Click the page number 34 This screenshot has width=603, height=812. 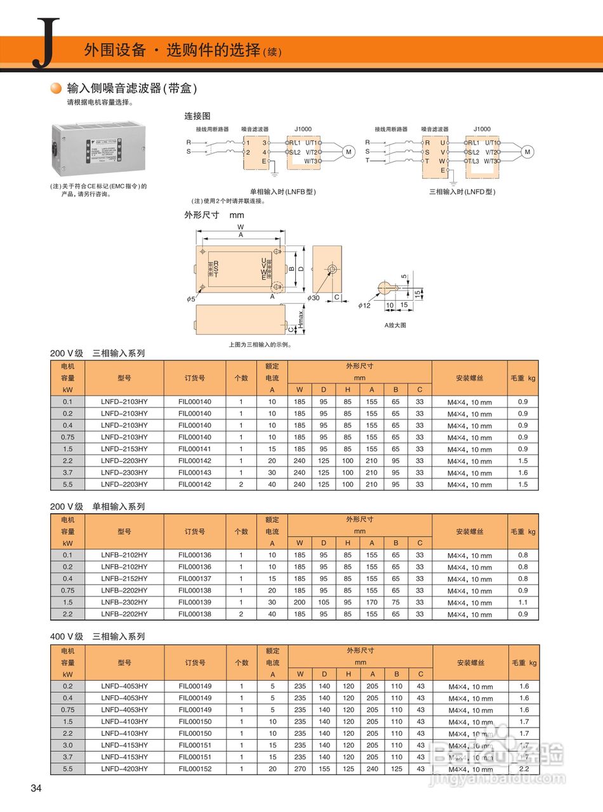(36, 789)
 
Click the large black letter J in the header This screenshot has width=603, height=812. (46, 43)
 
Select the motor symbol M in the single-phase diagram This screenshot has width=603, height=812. (348, 152)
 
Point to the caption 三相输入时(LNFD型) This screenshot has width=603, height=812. (462, 192)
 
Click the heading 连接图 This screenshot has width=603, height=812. (197, 116)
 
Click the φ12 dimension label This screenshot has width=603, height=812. (364, 305)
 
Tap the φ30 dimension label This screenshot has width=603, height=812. (314, 298)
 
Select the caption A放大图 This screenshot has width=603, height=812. (395, 325)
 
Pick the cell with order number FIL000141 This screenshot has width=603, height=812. (195, 449)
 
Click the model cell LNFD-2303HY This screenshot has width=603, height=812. (124, 473)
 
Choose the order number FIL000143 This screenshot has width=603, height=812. (195, 473)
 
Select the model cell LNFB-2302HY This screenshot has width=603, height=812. (124, 602)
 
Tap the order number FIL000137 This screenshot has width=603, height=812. (195, 579)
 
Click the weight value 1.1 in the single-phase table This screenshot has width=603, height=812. (523, 602)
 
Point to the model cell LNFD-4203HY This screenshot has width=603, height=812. (124, 768)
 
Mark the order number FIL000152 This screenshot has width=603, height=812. (195, 768)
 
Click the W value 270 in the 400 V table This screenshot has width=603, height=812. (300, 768)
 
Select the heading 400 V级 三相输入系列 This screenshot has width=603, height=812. (98, 636)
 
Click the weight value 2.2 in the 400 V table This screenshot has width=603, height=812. (524, 768)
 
